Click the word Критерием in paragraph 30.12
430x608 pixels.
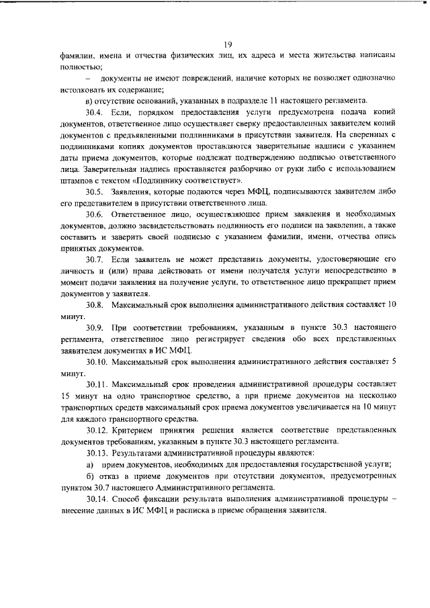coord(138,430)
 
